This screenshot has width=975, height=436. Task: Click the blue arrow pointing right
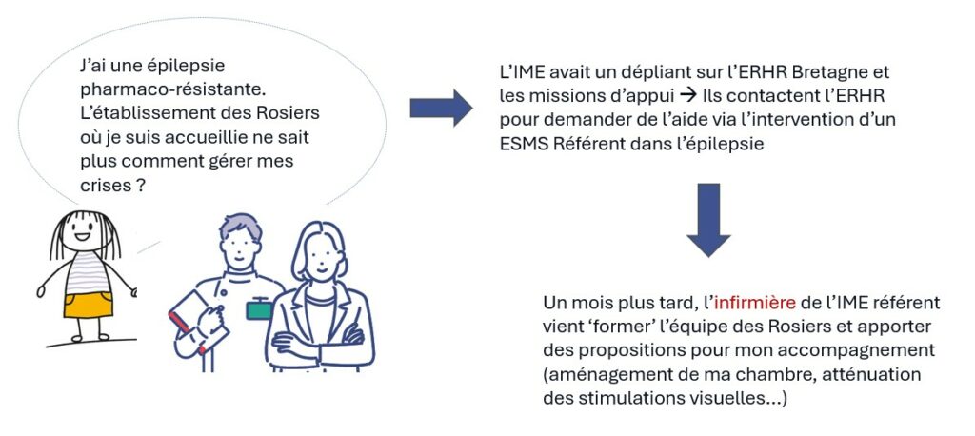click(x=441, y=108)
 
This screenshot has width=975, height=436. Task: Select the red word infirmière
click(x=754, y=303)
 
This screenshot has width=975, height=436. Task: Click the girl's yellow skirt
click(x=89, y=306)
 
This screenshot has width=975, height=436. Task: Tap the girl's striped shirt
click(x=88, y=272)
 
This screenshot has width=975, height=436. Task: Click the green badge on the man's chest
click(x=259, y=309)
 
